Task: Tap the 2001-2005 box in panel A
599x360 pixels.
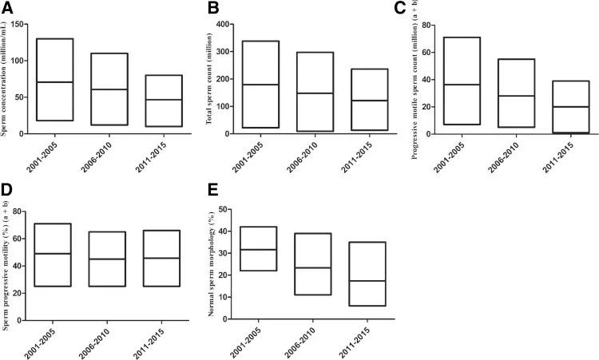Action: coord(54,80)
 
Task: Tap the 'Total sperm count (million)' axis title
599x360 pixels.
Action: coord(212,80)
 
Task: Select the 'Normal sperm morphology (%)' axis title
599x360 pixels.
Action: coord(212,263)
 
